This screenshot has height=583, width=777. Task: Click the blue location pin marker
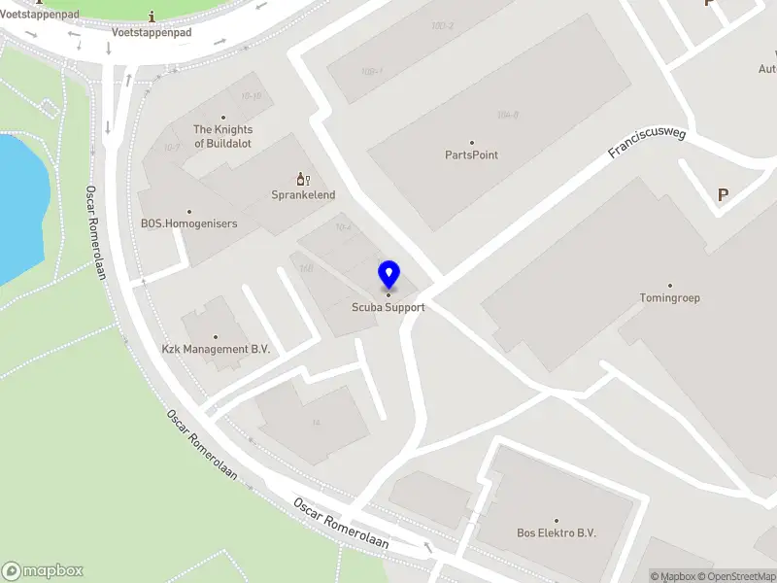coord(389,275)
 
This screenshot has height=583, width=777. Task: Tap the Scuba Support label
coord(388,307)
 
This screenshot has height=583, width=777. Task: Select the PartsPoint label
coord(472,154)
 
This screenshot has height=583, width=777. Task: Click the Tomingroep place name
coord(669,298)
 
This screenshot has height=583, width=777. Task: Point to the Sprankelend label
coord(303,194)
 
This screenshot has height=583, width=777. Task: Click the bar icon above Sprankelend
coord(302,178)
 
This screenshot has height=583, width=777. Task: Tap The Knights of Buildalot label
coord(223,136)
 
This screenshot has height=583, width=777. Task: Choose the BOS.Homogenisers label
coord(188,223)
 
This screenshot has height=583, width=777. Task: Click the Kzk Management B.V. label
coord(216,348)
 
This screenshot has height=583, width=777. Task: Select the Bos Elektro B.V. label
coord(556,532)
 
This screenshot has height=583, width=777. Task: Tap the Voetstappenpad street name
coord(152,32)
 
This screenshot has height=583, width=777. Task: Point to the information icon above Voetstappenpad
coord(152,17)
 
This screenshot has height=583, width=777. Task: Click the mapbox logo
coord(43,570)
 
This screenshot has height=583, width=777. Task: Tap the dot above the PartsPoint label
coord(472,142)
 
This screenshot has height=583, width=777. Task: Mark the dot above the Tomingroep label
coord(669,286)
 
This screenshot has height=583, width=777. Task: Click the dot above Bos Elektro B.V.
coord(556,521)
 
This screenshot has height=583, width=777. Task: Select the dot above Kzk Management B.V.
coord(215,336)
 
